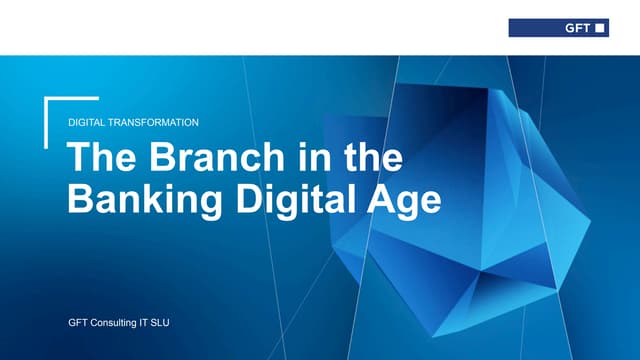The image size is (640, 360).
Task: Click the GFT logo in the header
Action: tap(558, 28)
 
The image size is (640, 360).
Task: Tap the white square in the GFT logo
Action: tap(600, 28)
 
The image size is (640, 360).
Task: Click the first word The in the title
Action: tap(98, 159)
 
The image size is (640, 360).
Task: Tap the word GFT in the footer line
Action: tap(78, 321)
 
